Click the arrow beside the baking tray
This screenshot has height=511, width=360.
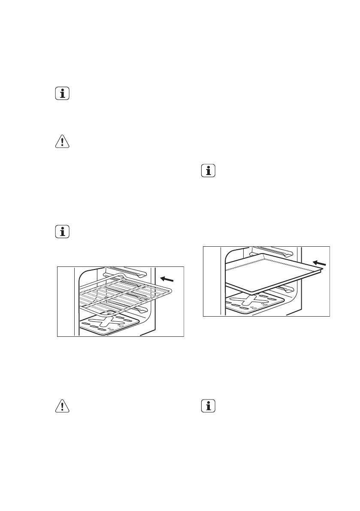point(318,262)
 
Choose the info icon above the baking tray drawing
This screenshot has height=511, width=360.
point(209,171)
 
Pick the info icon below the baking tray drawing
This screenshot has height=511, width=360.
point(209,406)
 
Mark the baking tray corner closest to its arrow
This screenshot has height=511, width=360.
point(321,269)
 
